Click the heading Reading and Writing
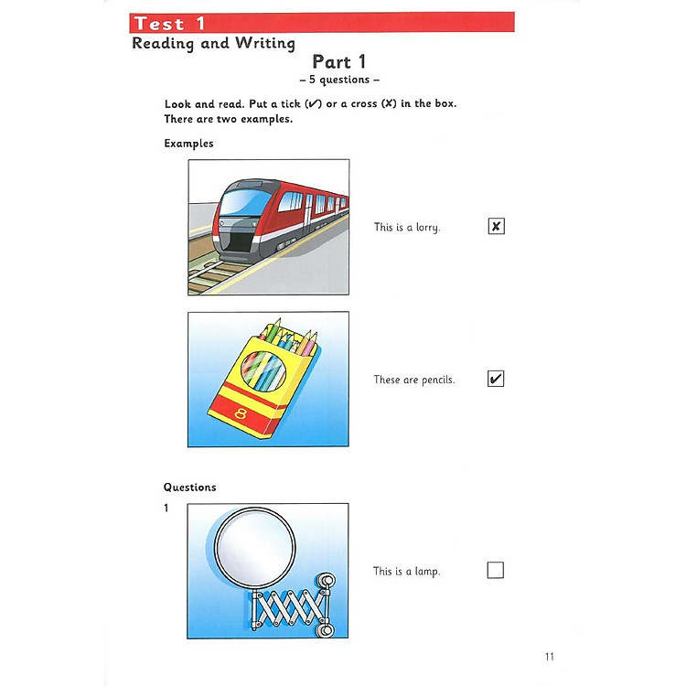(x=213, y=43)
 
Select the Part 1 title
(x=338, y=62)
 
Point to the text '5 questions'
(x=339, y=80)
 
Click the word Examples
(x=188, y=144)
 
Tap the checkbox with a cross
(x=496, y=226)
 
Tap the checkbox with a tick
(x=496, y=379)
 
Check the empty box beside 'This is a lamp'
(x=496, y=571)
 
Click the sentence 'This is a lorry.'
(x=407, y=227)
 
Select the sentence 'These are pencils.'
(x=413, y=380)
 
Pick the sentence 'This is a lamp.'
(x=406, y=572)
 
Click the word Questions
(x=190, y=488)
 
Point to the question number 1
(x=166, y=509)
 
